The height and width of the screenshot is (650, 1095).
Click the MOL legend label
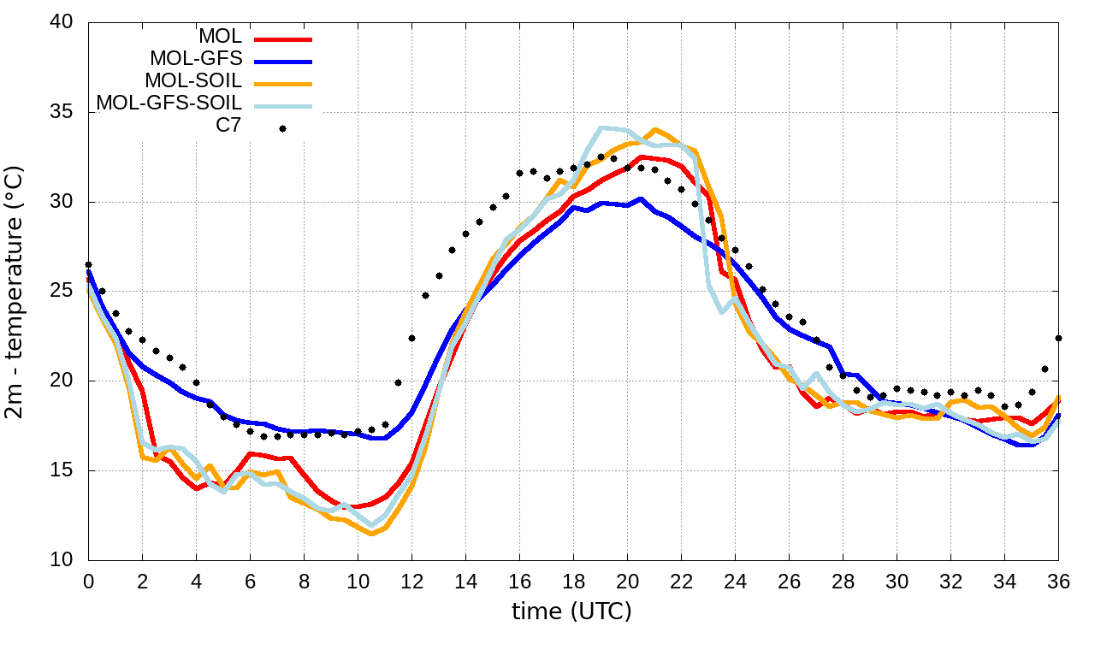[221, 37]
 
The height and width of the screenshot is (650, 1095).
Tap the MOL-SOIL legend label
[194, 81]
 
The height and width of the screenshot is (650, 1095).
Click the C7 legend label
[228, 127]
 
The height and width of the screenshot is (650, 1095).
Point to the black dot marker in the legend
[282, 128]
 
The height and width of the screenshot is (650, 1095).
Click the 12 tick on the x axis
[411, 581]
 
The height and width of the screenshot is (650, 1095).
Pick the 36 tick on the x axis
[1059, 581]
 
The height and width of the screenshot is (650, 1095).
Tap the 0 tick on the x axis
[88, 581]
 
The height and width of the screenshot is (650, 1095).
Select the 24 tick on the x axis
[735, 581]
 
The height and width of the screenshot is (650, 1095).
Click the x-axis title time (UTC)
[571, 612]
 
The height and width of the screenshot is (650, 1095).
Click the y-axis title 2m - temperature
[16, 292]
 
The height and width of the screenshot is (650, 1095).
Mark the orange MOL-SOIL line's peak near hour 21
[654, 130]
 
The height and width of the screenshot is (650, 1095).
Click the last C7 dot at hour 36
[1059, 338]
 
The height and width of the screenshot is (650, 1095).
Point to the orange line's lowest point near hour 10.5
[371, 534]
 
